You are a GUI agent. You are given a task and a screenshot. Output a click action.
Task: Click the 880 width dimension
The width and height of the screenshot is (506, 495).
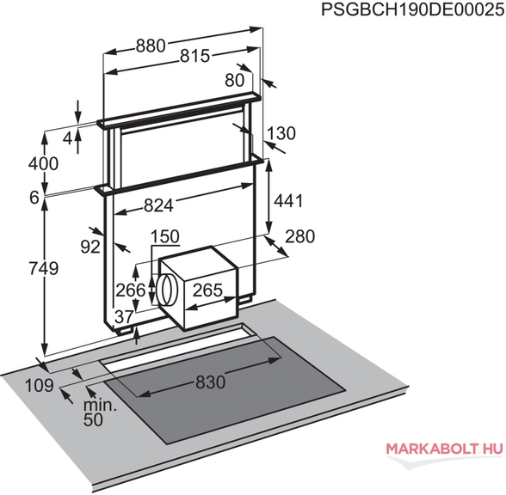[x=151, y=46]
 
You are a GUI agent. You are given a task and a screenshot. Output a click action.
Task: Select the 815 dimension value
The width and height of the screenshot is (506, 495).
[x=194, y=56]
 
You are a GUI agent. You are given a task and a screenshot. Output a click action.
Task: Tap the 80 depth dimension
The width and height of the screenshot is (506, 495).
[x=235, y=80]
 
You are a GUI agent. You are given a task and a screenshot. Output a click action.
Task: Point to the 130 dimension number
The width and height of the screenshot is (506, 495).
[x=281, y=133]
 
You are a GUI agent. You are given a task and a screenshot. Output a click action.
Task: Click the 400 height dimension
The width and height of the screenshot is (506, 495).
[x=44, y=163]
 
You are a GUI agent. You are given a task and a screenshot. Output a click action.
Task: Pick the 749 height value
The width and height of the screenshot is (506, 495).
[x=44, y=268]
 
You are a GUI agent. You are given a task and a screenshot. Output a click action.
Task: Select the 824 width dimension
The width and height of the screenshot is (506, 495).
[x=158, y=205]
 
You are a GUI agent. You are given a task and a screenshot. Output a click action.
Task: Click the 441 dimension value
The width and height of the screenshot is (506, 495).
[x=288, y=201]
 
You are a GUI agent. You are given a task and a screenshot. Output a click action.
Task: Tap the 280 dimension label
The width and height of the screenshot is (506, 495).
[x=300, y=236]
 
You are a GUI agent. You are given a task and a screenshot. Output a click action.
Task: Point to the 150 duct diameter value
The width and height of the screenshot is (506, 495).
[x=165, y=236]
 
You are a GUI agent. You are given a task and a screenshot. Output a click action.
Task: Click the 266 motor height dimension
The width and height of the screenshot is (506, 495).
[x=131, y=290]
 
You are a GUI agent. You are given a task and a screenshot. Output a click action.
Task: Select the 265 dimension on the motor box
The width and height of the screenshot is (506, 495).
[x=208, y=290]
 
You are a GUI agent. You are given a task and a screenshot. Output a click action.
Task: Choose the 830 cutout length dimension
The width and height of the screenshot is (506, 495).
[x=210, y=382]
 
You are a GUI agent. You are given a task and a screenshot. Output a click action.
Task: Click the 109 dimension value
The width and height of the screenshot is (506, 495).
[x=40, y=385]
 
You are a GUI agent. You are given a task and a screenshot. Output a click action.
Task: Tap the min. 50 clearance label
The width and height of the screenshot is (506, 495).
[x=100, y=412]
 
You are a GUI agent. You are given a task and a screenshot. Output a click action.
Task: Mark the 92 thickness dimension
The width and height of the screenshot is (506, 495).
[x=90, y=247]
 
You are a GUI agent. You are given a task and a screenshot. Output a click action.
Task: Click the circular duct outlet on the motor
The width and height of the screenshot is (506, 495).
[x=166, y=290]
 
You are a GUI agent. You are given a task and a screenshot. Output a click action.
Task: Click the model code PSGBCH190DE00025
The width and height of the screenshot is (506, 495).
[x=413, y=10]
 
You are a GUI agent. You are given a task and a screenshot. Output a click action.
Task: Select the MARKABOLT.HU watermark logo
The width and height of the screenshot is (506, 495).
[x=444, y=449]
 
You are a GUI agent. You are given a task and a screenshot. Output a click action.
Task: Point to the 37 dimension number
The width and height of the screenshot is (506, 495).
[x=124, y=317]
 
